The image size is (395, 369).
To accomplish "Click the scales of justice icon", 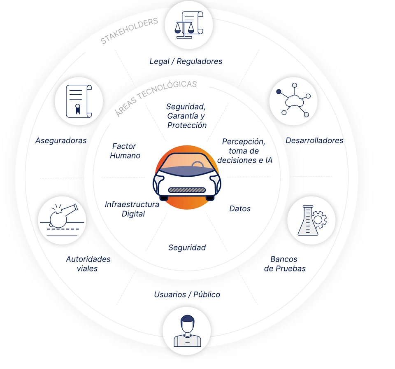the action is click(x=189, y=25).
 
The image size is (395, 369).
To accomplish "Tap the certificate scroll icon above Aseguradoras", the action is click(x=79, y=101).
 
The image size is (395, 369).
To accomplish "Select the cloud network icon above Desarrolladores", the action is click(x=293, y=100).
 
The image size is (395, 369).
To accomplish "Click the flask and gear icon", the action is click(x=312, y=220).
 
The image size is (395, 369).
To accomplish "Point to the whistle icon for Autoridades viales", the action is click(x=63, y=220).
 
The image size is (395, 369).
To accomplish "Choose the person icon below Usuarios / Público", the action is click(x=187, y=331).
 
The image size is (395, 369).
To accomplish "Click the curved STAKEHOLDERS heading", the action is click(x=129, y=31).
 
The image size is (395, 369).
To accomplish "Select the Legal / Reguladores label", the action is click(x=186, y=61).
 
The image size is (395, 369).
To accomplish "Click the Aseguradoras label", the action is click(x=61, y=140).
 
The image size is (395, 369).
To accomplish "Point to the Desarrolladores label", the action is click(x=314, y=140).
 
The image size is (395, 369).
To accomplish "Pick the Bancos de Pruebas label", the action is click(x=285, y=264).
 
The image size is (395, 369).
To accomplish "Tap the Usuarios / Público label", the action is click(x=187, y=294).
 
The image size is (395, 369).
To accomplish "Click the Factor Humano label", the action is click(x=125, y=151).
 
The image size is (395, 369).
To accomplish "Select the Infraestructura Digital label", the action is click(x=132, y=209).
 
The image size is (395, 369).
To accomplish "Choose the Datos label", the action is click(x=240, y=208).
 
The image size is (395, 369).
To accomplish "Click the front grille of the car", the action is click(x=187, y=190).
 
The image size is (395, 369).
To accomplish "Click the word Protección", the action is click(x=187, y=125).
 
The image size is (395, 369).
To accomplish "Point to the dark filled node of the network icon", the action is click(x=279, y=91).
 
